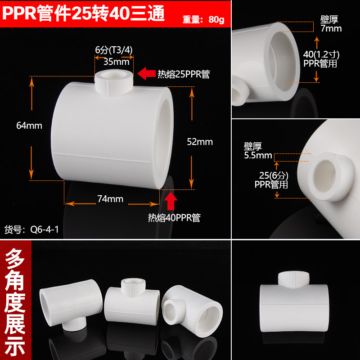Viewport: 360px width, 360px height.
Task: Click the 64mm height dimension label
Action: [x=29, y=126]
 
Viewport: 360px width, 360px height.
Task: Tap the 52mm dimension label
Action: [x=200, y=142]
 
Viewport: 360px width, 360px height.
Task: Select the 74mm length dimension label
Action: [x=110, y=199]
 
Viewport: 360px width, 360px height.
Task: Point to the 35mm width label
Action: [x=116, y=62]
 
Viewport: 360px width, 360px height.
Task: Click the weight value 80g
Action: [x=216, y=20]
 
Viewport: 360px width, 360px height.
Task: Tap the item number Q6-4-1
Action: [x=44, y=229]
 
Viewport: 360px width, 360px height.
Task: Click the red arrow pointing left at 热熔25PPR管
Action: [x=147, y=73]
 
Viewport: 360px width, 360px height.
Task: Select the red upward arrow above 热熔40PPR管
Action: [x=171, y=201]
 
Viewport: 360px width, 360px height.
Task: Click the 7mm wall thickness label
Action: [x=331, y=28]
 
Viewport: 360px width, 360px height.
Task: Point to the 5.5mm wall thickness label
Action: [x=258, y=155]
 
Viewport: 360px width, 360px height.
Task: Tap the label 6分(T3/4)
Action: [x=114, y=50]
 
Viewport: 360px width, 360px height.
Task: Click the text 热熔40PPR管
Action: [x=174, y=218]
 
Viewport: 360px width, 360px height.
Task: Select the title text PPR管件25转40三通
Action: [x=83, y=13]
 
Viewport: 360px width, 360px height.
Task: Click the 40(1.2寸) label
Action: [x=321, y=54]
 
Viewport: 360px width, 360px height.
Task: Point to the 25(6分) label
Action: [x=274, y=175]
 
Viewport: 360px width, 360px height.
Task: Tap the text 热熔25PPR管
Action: [x=184, y=74]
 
